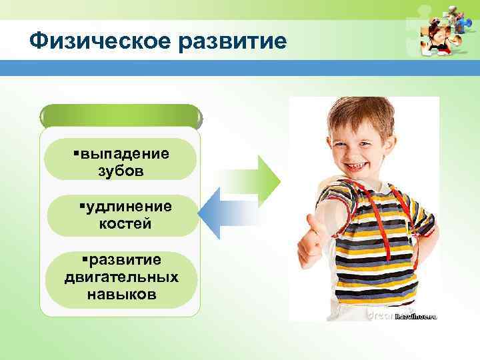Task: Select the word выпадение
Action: point(123,153)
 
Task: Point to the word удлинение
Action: point(128,207)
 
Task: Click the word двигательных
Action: point(121,276)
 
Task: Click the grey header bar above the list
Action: point(120,117)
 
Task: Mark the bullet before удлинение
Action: point(81,207)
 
